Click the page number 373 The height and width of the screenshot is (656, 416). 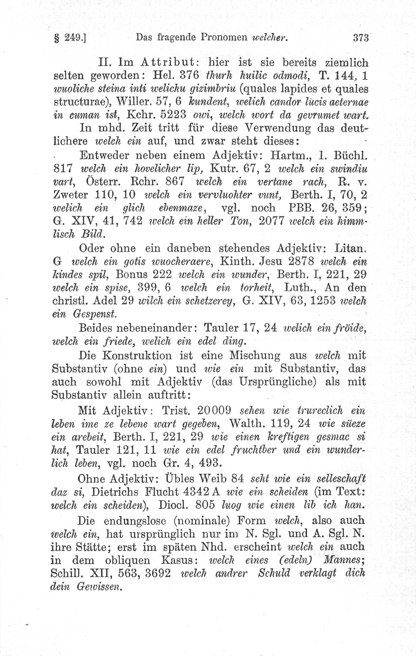[x=360, y=38]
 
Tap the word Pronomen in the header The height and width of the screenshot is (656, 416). [x=223, y=37]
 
